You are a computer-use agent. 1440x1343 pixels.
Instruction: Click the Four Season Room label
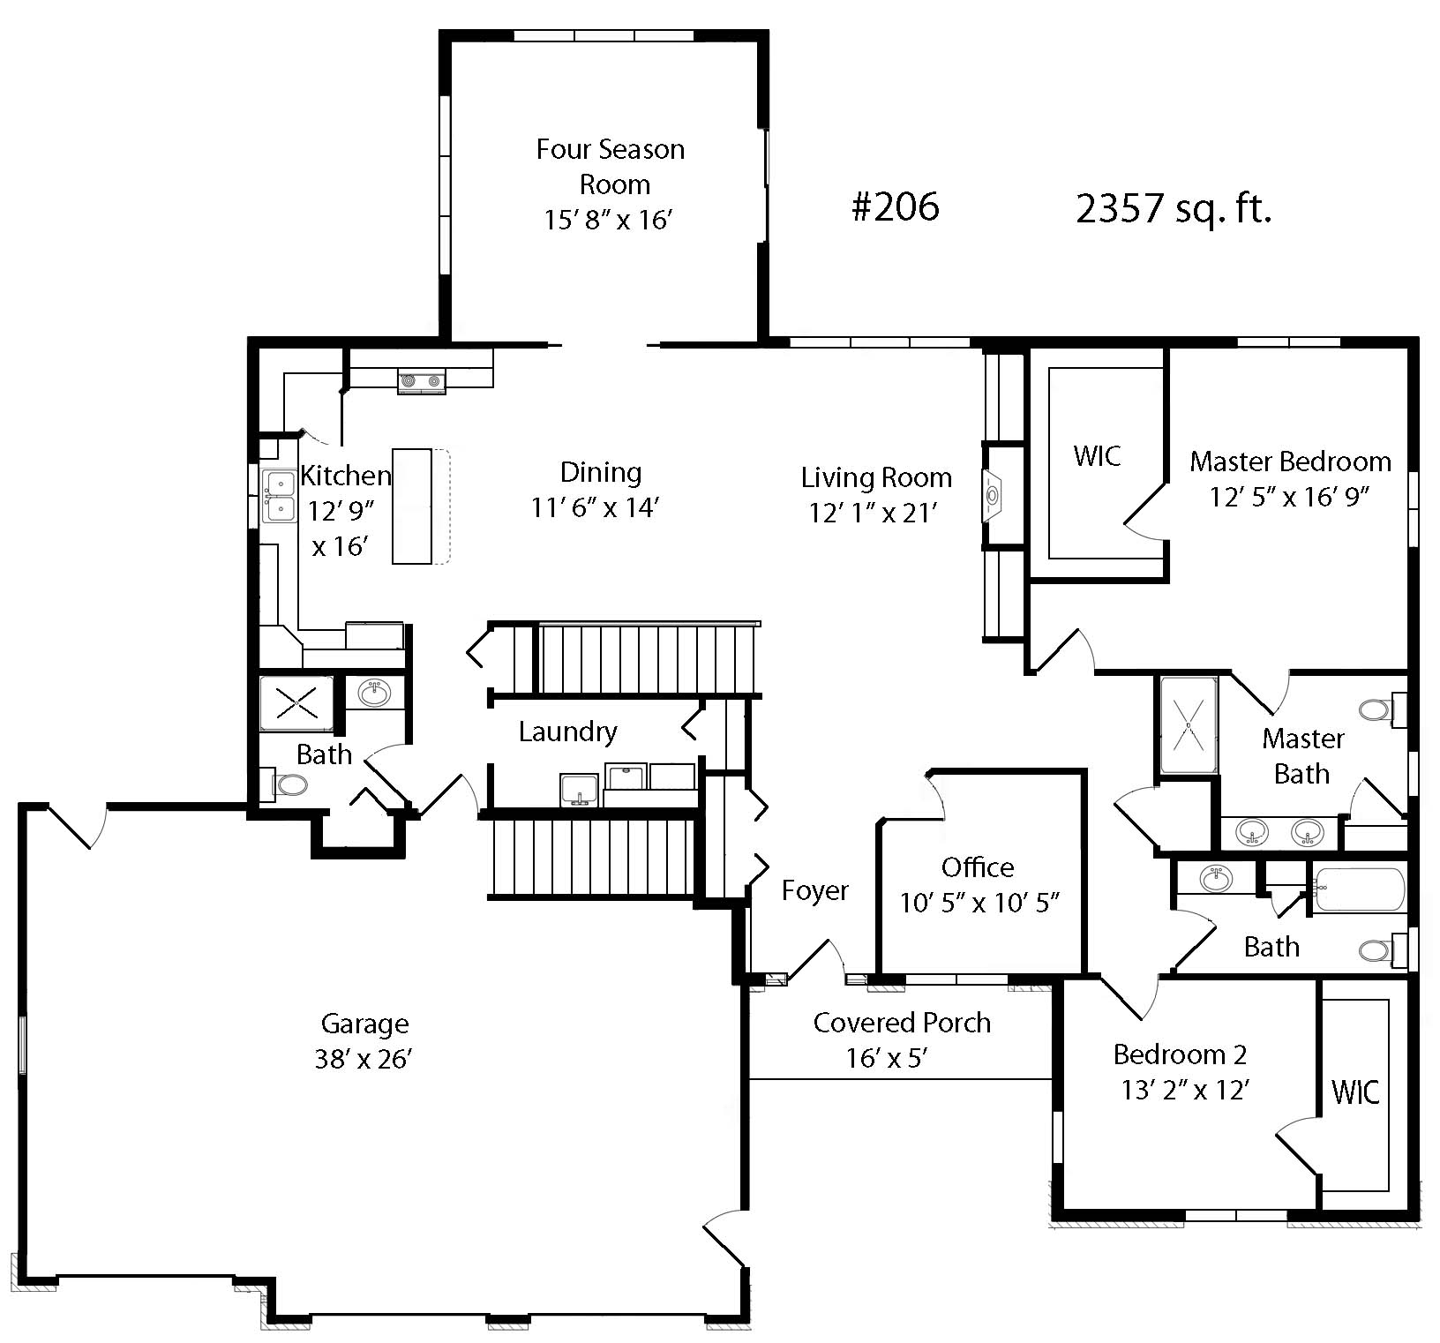611,167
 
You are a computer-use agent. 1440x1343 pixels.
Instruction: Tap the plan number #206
896,207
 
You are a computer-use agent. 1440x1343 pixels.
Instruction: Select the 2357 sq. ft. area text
1174,209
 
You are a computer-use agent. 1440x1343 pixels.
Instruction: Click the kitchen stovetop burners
422,381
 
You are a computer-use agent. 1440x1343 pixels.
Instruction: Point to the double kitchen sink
279,497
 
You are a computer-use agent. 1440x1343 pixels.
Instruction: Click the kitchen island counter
412,506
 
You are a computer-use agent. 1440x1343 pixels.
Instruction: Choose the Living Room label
876,477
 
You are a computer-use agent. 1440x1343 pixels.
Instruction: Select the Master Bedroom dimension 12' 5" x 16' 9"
1289,498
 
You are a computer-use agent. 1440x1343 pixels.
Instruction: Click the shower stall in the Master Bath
1189,725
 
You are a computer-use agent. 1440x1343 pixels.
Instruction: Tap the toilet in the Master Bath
1381,709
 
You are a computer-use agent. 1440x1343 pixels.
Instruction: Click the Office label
978,867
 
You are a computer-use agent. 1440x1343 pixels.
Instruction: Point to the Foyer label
815,891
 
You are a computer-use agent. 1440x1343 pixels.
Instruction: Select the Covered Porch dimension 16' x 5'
886,1058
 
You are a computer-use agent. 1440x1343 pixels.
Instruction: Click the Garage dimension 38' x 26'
364,1059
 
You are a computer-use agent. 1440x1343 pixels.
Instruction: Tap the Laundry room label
567,732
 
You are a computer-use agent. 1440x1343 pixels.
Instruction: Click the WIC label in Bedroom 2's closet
1355,1092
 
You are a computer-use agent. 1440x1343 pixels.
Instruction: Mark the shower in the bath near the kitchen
296,703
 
